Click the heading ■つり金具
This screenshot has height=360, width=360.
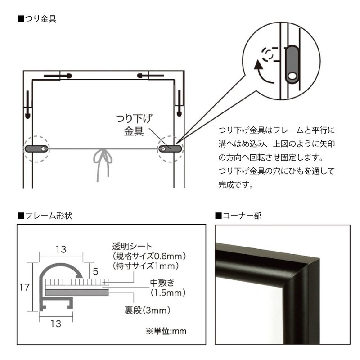37,19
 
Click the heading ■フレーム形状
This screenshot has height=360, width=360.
45,215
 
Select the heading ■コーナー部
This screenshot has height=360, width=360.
238,215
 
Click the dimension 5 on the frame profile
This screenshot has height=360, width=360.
96,271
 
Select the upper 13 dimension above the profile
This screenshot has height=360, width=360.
61,249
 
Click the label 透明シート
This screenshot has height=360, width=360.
132,247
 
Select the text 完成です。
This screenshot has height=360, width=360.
234,184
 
